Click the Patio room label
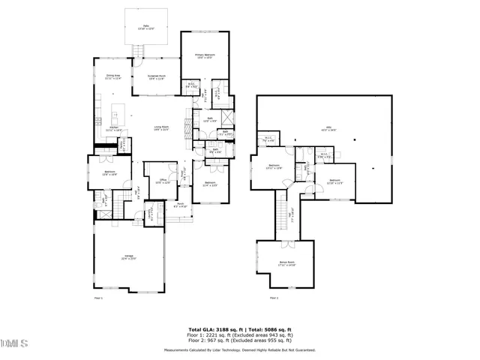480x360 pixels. (x=145, y=27)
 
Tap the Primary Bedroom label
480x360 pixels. (x=205, y=56)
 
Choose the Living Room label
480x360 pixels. (x=161, y=128)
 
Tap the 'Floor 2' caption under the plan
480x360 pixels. (x=274, y=298)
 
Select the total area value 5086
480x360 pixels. (x=275, y=328)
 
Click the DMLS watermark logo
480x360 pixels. (x=14, y=343)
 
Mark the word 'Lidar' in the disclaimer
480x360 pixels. (x=234, y=349)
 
